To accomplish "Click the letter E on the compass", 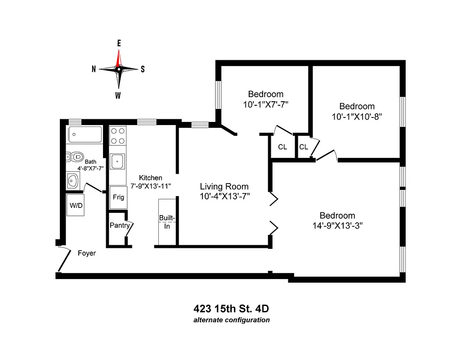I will (119, 43).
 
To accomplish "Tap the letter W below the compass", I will (118, 95).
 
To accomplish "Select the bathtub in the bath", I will (85, 135).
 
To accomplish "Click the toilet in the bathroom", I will (76, 157).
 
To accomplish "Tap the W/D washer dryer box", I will (76, 205).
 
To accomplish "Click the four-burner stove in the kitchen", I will (118, 136).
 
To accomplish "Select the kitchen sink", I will (118, 161).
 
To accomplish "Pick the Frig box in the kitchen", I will (118, 197).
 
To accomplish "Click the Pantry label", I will (120, 225).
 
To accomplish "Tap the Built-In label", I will (166, 222).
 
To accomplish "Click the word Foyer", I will (87, 253).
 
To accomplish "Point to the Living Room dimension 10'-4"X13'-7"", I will (224, 196).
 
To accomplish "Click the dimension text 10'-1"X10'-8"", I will (357, 116).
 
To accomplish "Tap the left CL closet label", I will (282, 147).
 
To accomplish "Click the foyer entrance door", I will (64, 260).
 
